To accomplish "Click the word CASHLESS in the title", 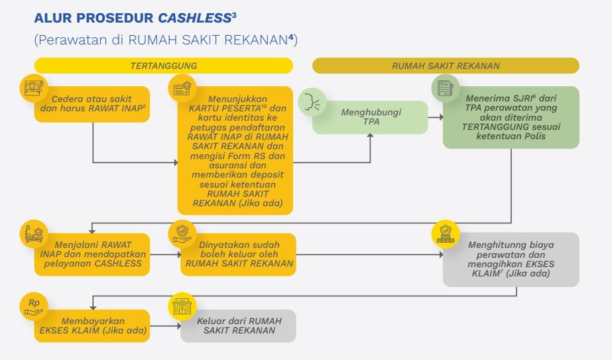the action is pos(194,18).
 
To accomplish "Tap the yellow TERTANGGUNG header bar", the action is pos(164,66).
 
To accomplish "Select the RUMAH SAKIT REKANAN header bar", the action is pos(446,66).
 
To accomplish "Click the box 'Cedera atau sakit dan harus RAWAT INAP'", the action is pos(92,104).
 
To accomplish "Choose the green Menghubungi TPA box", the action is pos(371,117).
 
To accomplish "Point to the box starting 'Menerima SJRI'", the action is pos(511,117).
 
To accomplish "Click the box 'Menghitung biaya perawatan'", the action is pos(511,259).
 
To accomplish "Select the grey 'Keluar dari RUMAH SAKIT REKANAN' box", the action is pos(239,326).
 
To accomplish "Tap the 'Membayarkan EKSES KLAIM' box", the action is pos(92,326).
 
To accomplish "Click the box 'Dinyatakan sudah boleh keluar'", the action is pos(239,255).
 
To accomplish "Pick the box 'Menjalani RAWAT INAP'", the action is pos(92,255).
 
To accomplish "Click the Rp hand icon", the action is pos(34,306).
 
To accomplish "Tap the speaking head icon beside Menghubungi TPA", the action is pos(312,102).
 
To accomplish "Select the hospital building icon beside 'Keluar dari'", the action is pos(182,306).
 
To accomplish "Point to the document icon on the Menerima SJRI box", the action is pos(446,88).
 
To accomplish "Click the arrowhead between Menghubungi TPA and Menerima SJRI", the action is pos(441,117).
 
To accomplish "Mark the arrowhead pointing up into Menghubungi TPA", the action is pos(370,135).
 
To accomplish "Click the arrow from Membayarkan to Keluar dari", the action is pos(165,326).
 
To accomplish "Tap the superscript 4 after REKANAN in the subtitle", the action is pos(291,38).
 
